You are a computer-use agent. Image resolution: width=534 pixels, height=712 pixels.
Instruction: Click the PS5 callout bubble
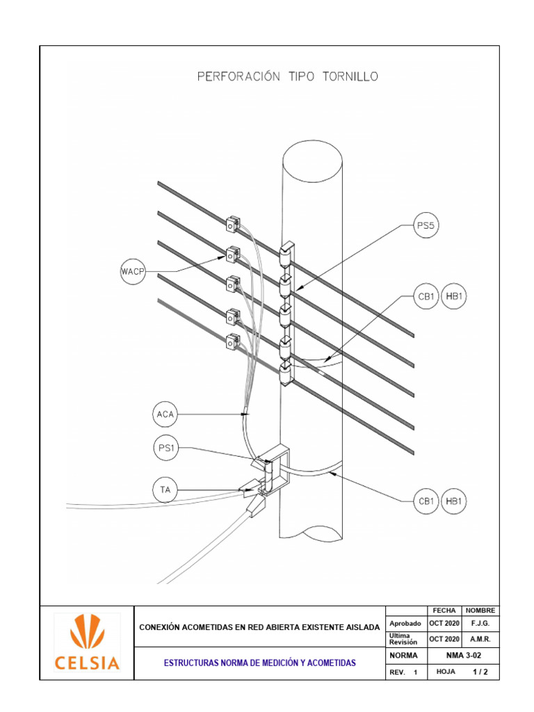click(x=426, y=225)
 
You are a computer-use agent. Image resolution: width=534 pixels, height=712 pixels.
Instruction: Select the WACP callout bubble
click(x=133, y=271)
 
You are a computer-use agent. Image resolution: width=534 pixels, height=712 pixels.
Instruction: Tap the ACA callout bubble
click(x=165, y=415)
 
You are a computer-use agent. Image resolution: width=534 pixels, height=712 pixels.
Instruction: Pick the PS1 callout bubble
click(x=165, y=448)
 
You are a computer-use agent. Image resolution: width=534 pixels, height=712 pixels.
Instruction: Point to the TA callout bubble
click(x=165, y=491)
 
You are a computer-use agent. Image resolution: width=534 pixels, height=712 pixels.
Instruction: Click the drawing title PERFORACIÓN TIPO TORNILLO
click(x=288, y=77)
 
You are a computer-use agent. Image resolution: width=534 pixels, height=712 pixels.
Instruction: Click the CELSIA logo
click(x=86, y=642)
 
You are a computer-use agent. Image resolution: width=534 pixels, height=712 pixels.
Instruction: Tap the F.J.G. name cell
click(x=480, y=623)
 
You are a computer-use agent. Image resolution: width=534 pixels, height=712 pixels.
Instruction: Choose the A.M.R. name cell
click(x=480, y=639)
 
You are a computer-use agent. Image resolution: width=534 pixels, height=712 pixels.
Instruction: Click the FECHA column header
click(x=444, y=610)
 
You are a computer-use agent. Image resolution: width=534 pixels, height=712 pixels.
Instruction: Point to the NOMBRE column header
click(x=480, y=610)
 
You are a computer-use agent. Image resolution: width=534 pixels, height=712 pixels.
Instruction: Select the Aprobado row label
click(x=405, y=623)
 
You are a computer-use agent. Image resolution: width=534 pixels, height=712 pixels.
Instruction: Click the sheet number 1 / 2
click(x=480, y=672)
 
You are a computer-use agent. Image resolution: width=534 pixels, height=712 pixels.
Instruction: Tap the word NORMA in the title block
click(x=404, y=655)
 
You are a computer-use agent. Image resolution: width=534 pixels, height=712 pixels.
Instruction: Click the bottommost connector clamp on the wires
click(x=232, y=341)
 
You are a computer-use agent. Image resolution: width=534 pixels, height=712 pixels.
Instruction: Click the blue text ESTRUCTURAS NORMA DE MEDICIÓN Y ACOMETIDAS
click(x=259, y=663)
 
